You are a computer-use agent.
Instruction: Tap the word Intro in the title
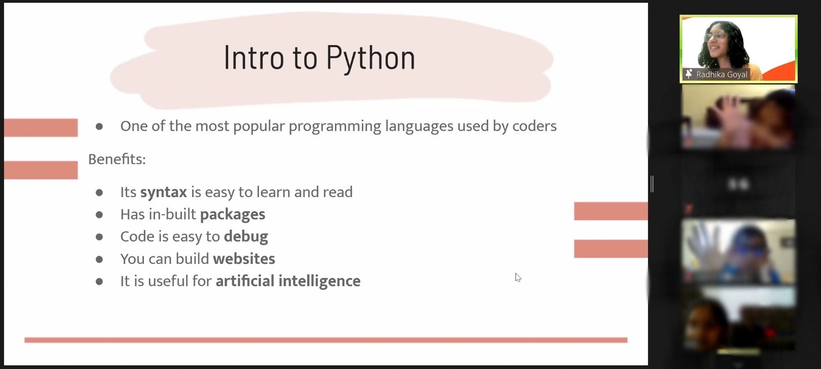point(254,57)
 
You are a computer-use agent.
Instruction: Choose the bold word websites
point(244,259)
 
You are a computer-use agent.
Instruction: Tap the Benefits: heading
point(117,159)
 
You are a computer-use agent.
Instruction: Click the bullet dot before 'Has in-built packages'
point(99,215)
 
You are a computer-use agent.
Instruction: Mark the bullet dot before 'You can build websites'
point(99,259)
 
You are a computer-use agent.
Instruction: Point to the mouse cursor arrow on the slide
point(518,277)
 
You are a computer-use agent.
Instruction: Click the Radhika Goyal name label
point(721,75)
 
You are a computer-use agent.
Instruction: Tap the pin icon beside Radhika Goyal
point(688,74)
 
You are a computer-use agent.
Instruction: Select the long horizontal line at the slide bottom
point(326,340)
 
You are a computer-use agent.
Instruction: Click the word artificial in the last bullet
point(245,281)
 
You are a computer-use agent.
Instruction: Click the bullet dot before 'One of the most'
point(99,127)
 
